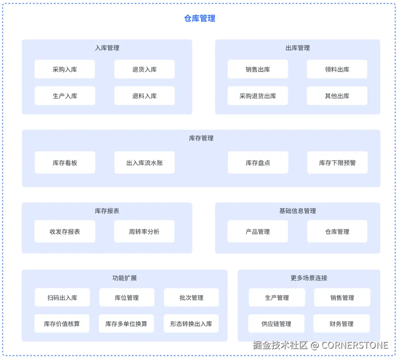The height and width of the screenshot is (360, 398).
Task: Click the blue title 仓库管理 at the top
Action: [x=199, y=18]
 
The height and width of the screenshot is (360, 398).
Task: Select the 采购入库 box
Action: [x=65, y=69]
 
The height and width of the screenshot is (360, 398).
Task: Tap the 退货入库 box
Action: [x=144, y=69]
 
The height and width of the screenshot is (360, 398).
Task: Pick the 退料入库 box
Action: [x=144, y=96]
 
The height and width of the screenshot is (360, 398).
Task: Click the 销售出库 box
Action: [x=258, y=69]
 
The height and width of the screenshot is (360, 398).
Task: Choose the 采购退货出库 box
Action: [x=258, y=96]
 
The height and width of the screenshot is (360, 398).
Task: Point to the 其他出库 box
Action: [x=337, y=96]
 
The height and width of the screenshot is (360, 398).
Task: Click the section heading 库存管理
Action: [x=201, y=138]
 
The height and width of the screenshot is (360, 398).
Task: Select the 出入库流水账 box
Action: [x=144, y=163]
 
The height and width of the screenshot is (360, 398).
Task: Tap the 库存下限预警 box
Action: [x=337, y=163]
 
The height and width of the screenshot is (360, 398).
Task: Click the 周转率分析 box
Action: [x=144, y=231]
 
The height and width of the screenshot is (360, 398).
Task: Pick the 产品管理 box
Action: [x=258, y=231]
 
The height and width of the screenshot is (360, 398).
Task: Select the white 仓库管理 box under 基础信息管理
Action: [x=337, y=231]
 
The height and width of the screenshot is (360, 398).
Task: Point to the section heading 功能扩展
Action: [x=125, y=278]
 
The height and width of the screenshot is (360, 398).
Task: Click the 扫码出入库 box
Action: [x=62, y=298]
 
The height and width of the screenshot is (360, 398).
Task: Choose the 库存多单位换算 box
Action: [x=126, y=324]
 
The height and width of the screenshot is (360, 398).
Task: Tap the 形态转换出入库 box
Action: [x=191, y=324]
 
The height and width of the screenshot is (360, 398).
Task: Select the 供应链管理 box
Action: [x=276, y=324]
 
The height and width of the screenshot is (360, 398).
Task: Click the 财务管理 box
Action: [x=341, y=324]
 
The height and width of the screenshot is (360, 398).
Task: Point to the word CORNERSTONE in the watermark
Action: [x=355, y=345]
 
